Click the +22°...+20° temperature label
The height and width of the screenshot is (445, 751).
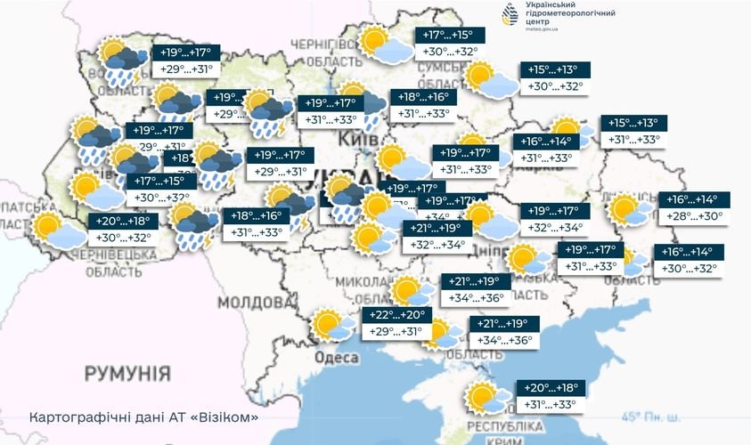(x=398, y=315)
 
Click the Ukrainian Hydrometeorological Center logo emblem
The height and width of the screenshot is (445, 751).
(x=510, y=16)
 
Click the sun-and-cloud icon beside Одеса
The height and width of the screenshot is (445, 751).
(x=331, y=326)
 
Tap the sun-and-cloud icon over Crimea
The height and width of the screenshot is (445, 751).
(x=486, y=397)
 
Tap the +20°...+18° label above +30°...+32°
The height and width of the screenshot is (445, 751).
(x=124, y=221)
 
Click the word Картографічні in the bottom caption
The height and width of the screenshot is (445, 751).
(x=72, y=417)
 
